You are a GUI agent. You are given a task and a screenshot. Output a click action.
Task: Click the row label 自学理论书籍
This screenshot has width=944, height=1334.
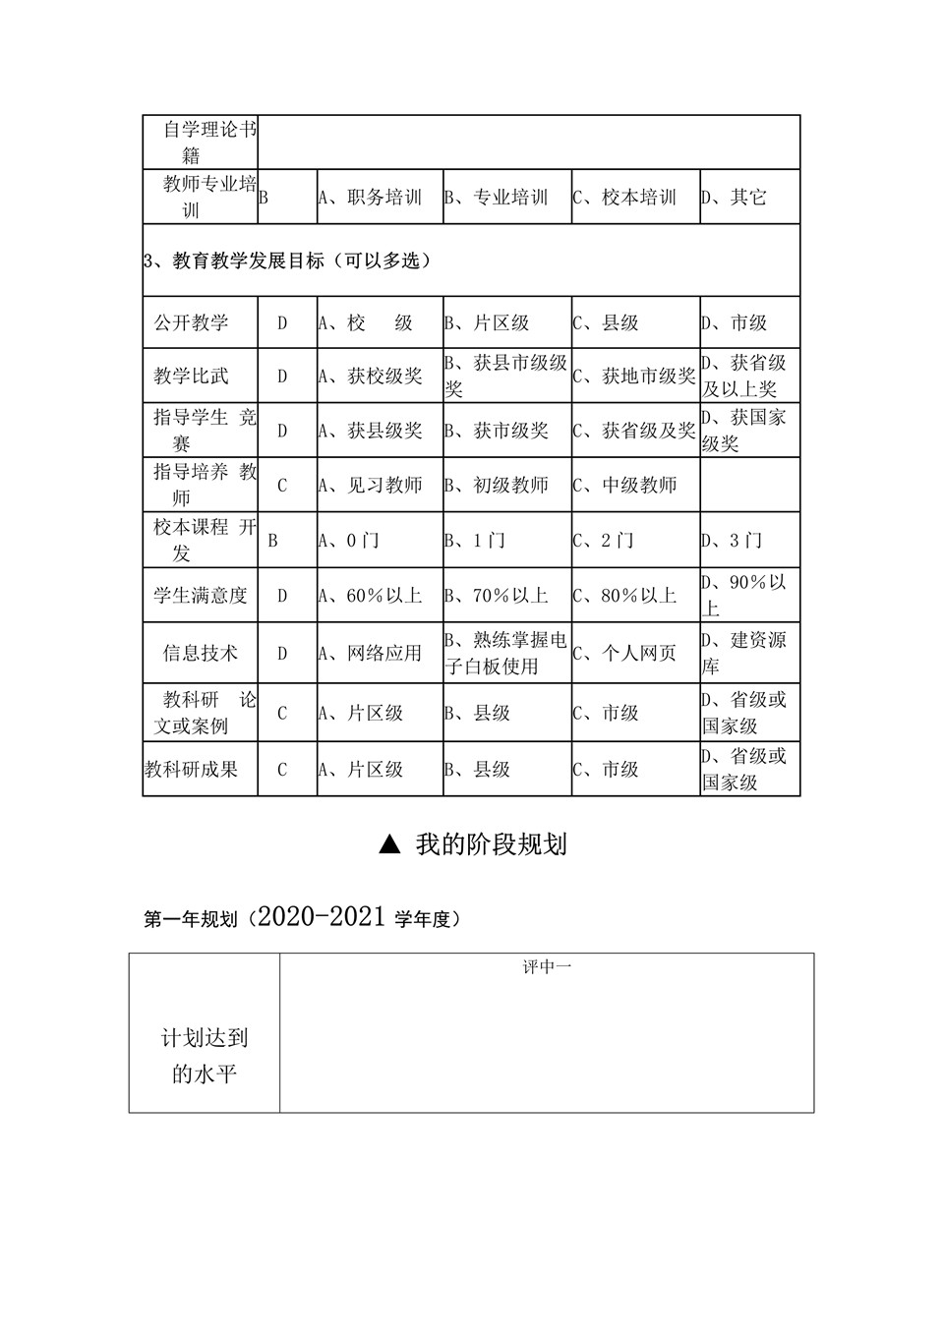[x=201, y=143]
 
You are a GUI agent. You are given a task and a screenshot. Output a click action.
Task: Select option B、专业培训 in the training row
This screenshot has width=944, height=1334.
[x=496, y=198]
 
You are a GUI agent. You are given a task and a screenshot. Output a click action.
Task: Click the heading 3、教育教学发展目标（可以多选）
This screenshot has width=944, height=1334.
[x=287, y=261]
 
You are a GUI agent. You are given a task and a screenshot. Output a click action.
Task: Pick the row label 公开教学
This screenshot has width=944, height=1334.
[x=192, y=322]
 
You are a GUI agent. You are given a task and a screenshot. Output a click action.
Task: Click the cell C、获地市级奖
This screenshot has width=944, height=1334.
[x=634, y=376]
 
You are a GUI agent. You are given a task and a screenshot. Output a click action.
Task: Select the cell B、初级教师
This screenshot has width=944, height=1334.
[x=496, y=485]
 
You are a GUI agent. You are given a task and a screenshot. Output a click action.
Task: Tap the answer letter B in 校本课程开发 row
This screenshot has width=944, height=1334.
[x=273, y=541]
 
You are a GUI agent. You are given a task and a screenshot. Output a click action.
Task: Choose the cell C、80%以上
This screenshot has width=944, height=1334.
[x=625, y=596]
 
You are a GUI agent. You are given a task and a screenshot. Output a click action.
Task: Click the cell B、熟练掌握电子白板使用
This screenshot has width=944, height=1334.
[x=505, y=653]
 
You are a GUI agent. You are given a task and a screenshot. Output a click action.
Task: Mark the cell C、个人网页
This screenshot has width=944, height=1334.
[x=625, y=653]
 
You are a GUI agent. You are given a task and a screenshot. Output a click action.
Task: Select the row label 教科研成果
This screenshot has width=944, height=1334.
[x=192, y=769]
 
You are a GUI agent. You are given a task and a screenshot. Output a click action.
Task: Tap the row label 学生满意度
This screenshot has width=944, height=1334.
[x=201, y=596]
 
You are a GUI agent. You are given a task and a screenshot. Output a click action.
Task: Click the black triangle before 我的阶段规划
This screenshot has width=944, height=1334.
[x=390, y=844]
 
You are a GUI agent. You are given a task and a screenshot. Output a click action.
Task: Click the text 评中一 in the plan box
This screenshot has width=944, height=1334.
[x=547, y=967]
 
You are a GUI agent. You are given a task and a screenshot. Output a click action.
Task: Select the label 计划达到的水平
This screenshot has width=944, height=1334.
[x=205, y=1055]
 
